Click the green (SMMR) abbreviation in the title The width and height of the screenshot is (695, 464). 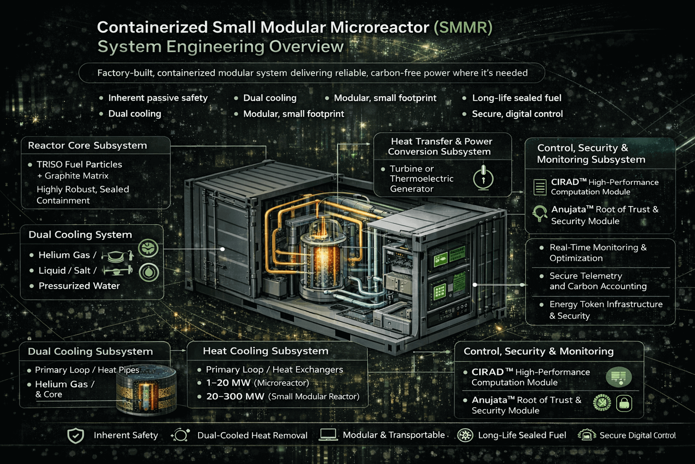point(462,27)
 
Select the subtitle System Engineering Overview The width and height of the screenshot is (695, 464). point(220,47)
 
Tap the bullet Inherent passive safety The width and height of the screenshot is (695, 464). point(157,98)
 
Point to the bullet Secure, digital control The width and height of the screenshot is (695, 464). point(517,114)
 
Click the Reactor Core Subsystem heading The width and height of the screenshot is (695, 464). point(87,145)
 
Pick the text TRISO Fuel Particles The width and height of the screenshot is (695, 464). point(79,164)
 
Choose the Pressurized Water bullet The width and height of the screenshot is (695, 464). point(79,286)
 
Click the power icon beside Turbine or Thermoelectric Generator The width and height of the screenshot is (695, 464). point(483,178)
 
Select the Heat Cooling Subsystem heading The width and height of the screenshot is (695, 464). point(266,351)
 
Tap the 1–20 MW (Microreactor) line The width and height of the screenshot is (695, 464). point(257,383)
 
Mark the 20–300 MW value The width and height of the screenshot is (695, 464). point(235,396)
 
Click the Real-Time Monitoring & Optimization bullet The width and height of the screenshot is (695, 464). point(598,253)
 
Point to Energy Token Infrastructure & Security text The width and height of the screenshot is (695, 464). point(605,310)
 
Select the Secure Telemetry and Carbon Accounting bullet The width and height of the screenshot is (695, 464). point(598,281)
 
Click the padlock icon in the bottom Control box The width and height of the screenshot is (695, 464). point(624,403)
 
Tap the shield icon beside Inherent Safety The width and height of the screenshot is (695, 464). point(76,435)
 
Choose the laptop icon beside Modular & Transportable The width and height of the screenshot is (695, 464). point(328,435)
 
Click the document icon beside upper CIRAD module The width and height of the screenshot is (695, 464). point(540,187)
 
